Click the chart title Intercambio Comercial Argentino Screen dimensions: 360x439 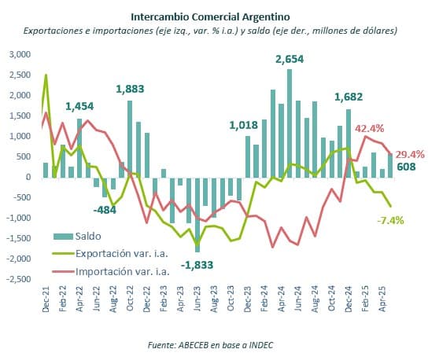tap(210, 15)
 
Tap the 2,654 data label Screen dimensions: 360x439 tap(289, 59)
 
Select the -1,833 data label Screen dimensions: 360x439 tap(197, 265)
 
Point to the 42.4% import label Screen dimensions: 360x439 tap(370, 128)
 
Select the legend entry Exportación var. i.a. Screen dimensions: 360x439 tap(122, 253)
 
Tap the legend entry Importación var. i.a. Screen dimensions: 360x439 tap(122, 271)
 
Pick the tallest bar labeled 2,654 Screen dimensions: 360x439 tap(289, 123)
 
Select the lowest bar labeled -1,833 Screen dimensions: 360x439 tap(197, 214)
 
